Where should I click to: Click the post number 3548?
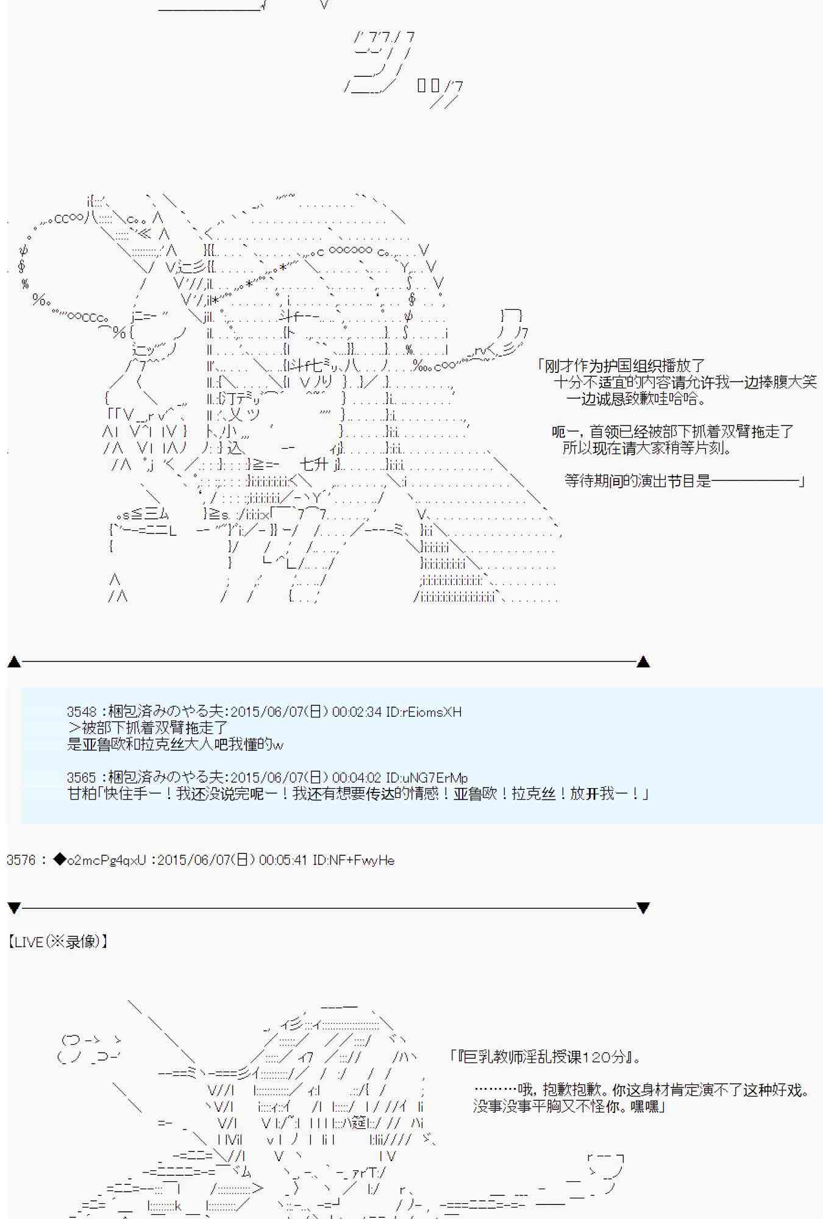(x=82, y=712)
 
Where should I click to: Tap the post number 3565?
(x=82, y=778)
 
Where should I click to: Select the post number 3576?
(x=21, y=860)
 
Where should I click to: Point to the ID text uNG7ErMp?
(x=435, y=778)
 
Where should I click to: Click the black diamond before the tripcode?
(x=59, y=859)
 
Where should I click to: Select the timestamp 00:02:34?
(x=357, y=712)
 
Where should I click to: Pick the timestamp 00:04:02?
(x=357, y=778)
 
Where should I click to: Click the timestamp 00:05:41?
(x=283, y=860)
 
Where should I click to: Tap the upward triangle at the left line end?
(x=14, y=661)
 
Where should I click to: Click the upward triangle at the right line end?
(x=643, y=661)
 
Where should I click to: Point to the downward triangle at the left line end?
(x=14, y=908)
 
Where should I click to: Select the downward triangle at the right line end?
(x=643, y=908)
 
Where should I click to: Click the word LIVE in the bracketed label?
(x=29, y=942)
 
